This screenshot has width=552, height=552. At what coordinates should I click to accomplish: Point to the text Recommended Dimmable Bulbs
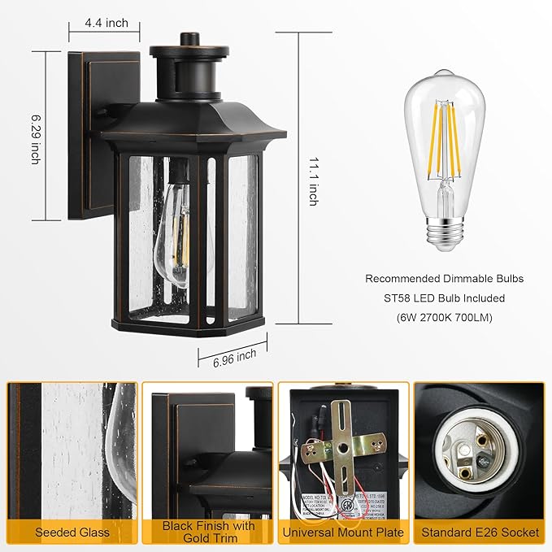[x=444, y=279]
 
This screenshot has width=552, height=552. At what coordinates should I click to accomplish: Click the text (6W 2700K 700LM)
[x=444, y=318]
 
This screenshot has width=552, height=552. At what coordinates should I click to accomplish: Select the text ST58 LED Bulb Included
[x=444, y=298]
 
